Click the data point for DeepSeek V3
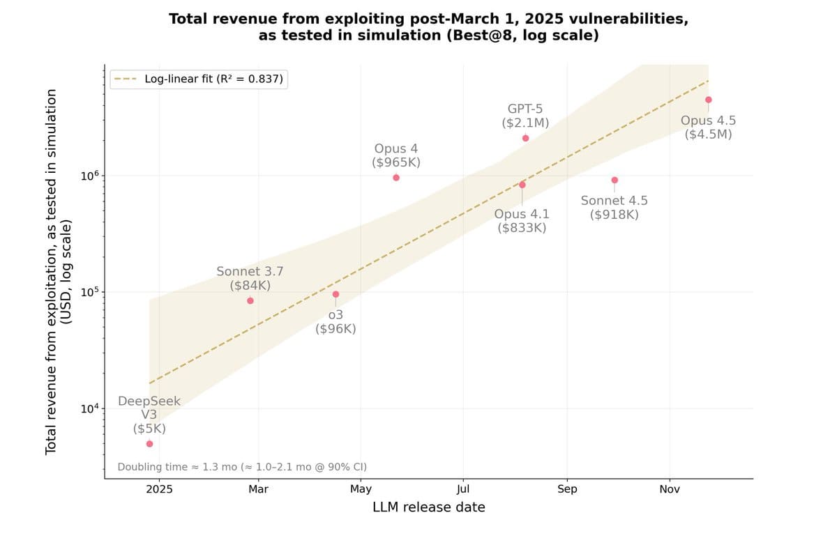pyautogui.click(x=149, y=444)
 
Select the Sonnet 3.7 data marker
pyautogui.click(x=250, y=301)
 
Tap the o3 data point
pyautogui.click(x=336, y=295)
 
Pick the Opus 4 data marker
pyautogui.click(x=396, y=178)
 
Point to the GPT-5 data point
pyautogui.click(x=526, y=139)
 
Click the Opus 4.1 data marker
pyautogui.click(x=522, y=185)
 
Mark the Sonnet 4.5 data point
pyautogui.click(x=614, y=180)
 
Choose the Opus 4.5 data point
pyautogui.click(x=709, y=100)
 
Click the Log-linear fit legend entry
pyautogui.click(x=199, y=79)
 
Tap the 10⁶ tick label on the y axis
pyautogui.click(x=90, y=175)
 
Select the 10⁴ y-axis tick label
pyautogui.click(x=90, y=408)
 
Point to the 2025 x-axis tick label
pyautogui.click(x=160, y=489)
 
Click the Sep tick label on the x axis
pyautogui.click(x=567, y=489)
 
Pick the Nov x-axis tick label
pyautogui.click(x=670, y=489)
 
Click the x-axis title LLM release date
pyautogui.click(x=429, y=507)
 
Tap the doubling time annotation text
pyautogui.click(x=242, y=467)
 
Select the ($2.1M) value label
pyautogui.click(x=525, y=123)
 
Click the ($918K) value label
pyautogui.click(x=614, y=215)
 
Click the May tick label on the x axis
pyautogui.click(x=361, y=490)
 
